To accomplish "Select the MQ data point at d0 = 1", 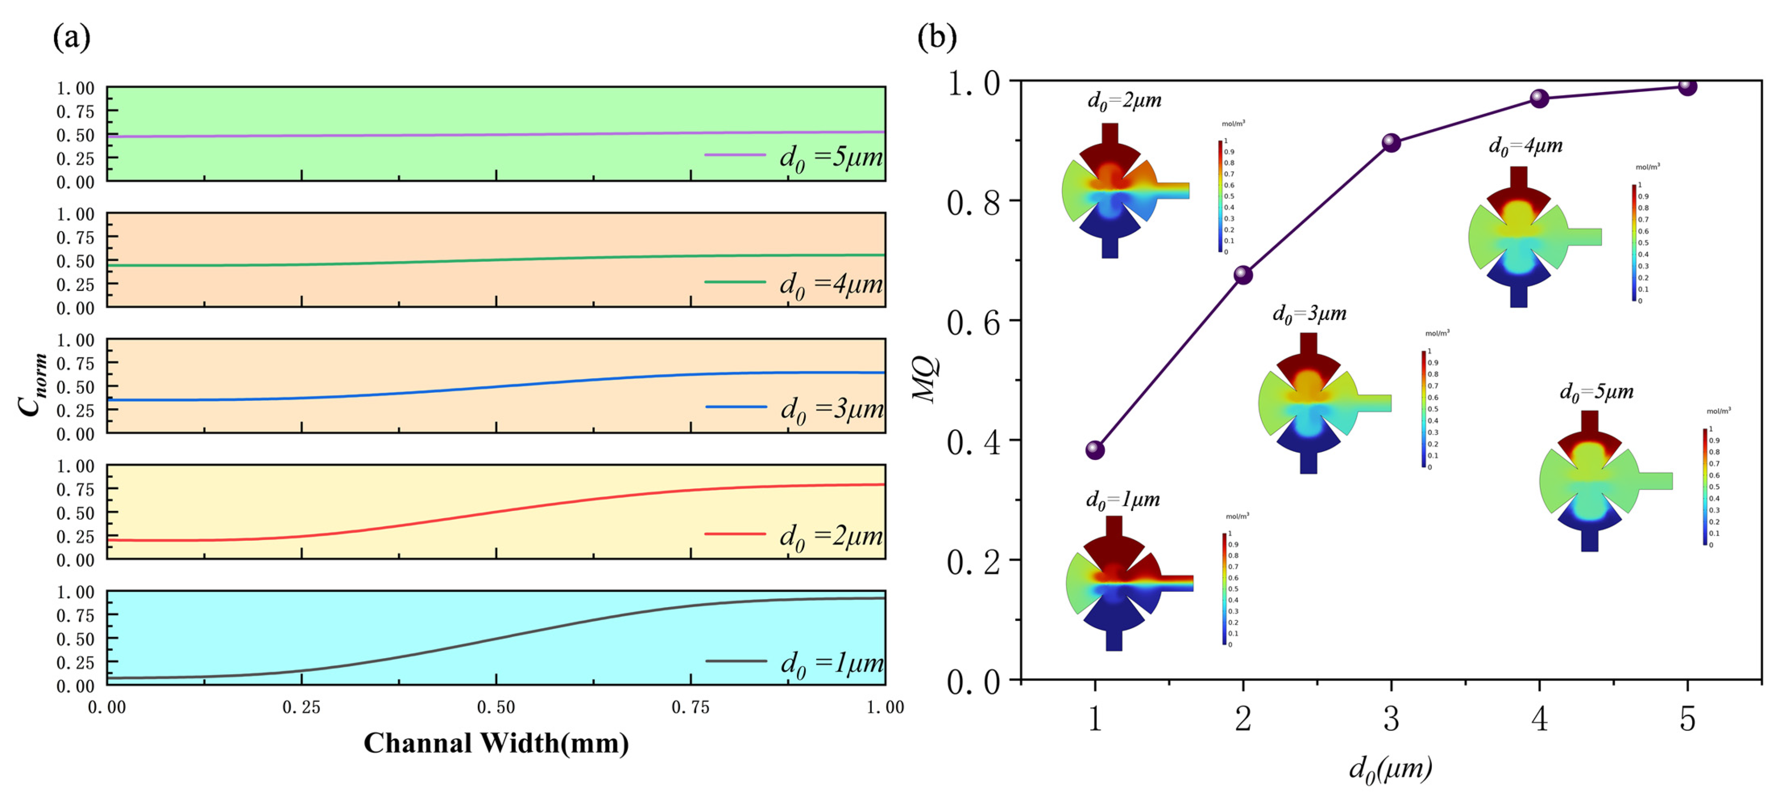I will click(x=1095, y=450).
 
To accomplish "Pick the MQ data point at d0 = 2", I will click(x=1243, y=275).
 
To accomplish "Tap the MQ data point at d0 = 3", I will click(x=1391, y=142).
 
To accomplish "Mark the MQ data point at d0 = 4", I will click(x=1540, y=98).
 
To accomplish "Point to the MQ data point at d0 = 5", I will click(x=1687, y=86).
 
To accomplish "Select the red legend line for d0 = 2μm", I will click(x=735, y=534).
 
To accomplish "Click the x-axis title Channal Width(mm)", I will click(x=496, y=743).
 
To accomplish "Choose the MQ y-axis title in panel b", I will click(x=925, y=379).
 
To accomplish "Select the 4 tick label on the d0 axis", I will click(x=1540, y=719).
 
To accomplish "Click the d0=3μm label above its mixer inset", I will click(x=1309, y=314).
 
